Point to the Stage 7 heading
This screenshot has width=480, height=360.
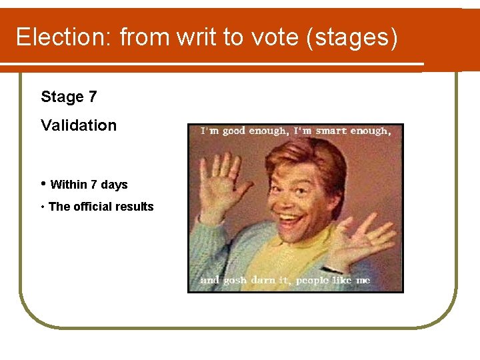(x=69, y=97)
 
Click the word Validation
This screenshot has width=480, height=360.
(x=79, y=125)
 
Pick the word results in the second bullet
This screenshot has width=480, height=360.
(x=137, y=207)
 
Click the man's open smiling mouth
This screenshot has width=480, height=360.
(x=291, y=219)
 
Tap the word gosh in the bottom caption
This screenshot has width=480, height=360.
(x=235, y=281)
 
